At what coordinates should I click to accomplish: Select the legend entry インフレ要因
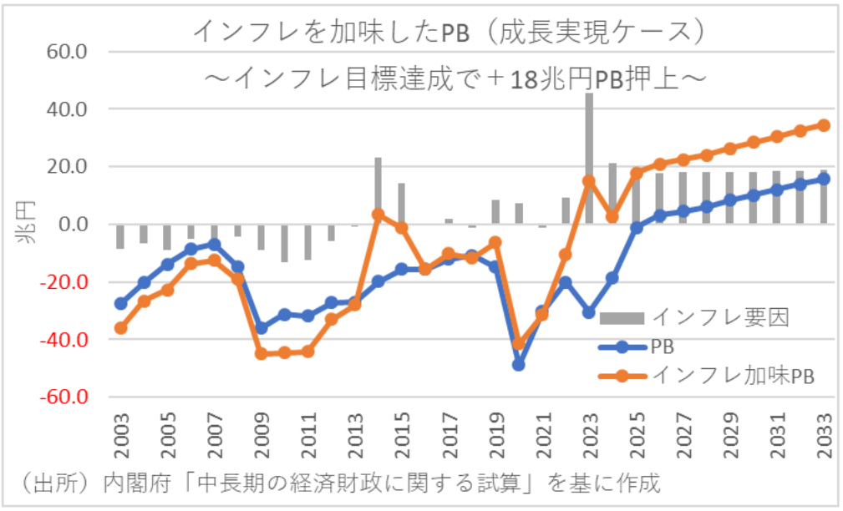pos(719,316)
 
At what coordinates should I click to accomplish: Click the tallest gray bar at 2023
pos(589,159)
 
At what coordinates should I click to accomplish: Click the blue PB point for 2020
pos(519,365)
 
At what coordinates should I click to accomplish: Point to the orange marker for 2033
pos(823,125)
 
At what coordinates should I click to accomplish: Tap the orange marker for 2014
pos(378,215)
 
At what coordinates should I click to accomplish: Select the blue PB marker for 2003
pos(121,304)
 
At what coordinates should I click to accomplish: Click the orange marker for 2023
pos(589,180)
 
